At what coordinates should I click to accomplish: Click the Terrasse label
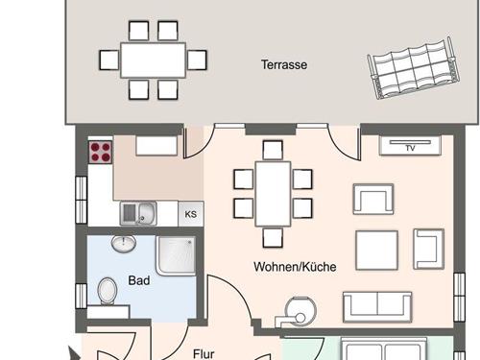click(284, 64)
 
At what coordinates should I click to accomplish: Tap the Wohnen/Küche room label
click(295, 267)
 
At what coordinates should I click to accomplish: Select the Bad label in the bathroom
click(139, 280)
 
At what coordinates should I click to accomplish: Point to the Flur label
click(204, 354)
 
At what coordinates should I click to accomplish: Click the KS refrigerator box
click(191, 214)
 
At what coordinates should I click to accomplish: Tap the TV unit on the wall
click(410, 145)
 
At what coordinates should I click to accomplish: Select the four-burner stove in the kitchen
click(101, 152)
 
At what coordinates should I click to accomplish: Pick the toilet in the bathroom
click(107, 291)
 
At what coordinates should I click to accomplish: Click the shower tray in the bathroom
click(176, 255)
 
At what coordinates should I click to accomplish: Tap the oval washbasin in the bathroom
click(124, 244)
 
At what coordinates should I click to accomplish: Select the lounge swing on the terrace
click(413, 68)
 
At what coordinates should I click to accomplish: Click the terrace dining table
click(153, 60)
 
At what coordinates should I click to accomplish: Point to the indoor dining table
click(273, 194)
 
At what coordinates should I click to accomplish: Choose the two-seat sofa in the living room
click(377, 307)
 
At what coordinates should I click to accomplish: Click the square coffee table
click(376, 251)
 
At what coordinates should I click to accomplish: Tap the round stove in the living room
click(300, 312)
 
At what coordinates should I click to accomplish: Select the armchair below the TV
click(373, 199)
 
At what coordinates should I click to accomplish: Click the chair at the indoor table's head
click(273, 150)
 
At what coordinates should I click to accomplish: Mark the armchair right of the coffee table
click(428, 249)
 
